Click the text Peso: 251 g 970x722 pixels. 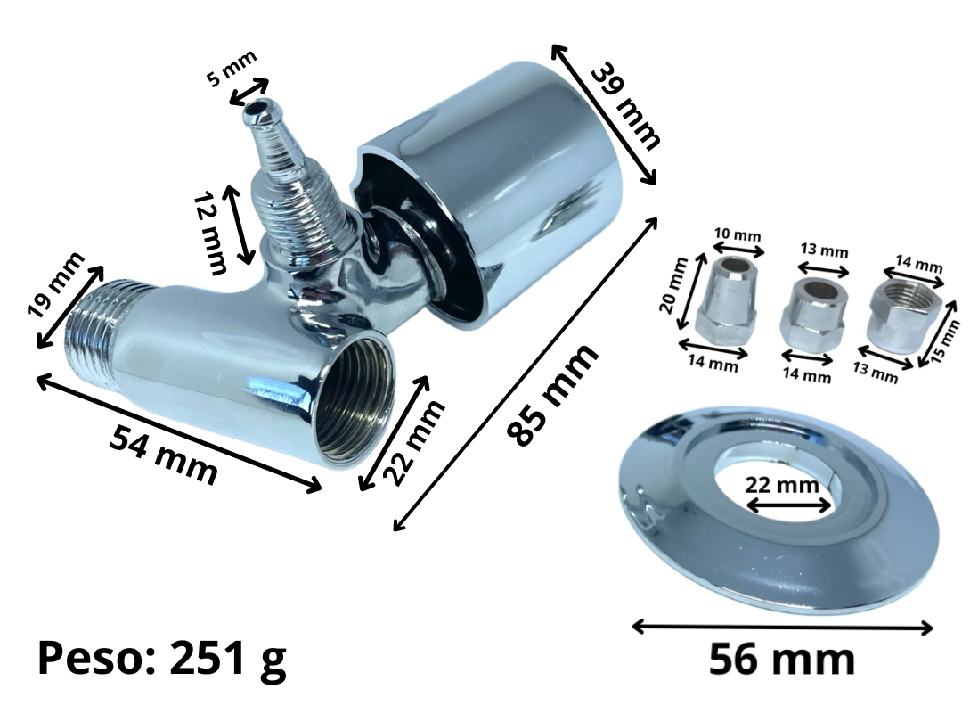[162, 660]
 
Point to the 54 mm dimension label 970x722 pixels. [163, 455]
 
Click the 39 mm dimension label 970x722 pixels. [625, 106]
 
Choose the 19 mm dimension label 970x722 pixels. [56, 284]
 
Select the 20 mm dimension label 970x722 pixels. [674, 285]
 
